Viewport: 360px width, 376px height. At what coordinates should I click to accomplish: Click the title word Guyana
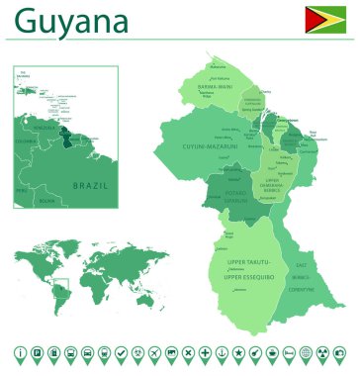pos(72,21)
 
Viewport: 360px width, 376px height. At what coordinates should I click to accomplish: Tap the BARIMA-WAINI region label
pos(215,86)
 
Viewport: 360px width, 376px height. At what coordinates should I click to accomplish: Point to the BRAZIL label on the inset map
pos(90,185)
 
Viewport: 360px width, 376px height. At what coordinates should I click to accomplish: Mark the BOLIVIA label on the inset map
pos(46,201)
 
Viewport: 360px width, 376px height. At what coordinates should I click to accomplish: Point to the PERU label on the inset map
pos(21,187)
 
